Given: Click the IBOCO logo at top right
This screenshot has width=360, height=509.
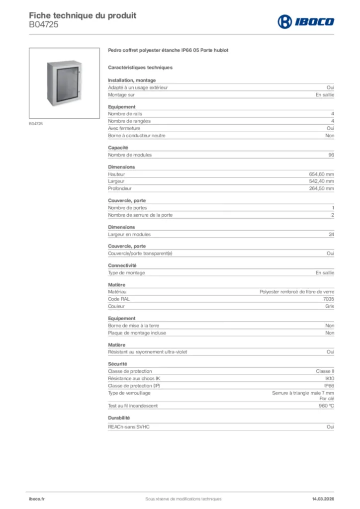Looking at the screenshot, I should (x=306, y=21).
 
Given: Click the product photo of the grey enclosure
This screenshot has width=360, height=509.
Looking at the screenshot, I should (x=65, y=83).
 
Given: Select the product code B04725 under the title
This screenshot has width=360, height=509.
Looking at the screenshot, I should (x=44, y=24).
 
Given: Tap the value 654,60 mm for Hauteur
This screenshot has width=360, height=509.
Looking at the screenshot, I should (x=321, y=174).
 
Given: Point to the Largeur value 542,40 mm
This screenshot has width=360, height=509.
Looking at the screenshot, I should (x=321, y=181).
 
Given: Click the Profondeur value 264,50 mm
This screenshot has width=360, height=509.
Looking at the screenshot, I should (x=321, y=188).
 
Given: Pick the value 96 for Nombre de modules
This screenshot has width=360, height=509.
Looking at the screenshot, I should (x=331, y=155).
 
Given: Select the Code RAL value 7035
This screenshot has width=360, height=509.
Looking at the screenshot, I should (x=328, y=299).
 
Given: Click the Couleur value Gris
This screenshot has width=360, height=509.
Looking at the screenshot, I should (x=329, y=307).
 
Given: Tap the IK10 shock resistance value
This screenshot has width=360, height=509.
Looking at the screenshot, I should (x=329, y=378).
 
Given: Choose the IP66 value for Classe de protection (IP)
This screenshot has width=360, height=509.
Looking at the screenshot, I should (x=329, y=385).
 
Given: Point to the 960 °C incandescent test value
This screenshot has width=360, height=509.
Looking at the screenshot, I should (x=326, y=406).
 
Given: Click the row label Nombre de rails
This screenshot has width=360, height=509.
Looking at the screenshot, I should (x=125, y=114).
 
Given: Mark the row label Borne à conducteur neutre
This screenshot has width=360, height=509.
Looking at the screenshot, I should (x=137, y=136).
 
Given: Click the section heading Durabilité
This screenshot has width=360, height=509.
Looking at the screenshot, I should (x=119, y=418).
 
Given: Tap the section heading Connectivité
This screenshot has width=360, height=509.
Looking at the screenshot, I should (x=122, y=265).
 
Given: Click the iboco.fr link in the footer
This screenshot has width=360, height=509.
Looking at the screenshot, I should (x=37, y=499).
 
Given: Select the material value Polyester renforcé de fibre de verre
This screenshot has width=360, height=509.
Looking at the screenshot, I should (x=297, y=292).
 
